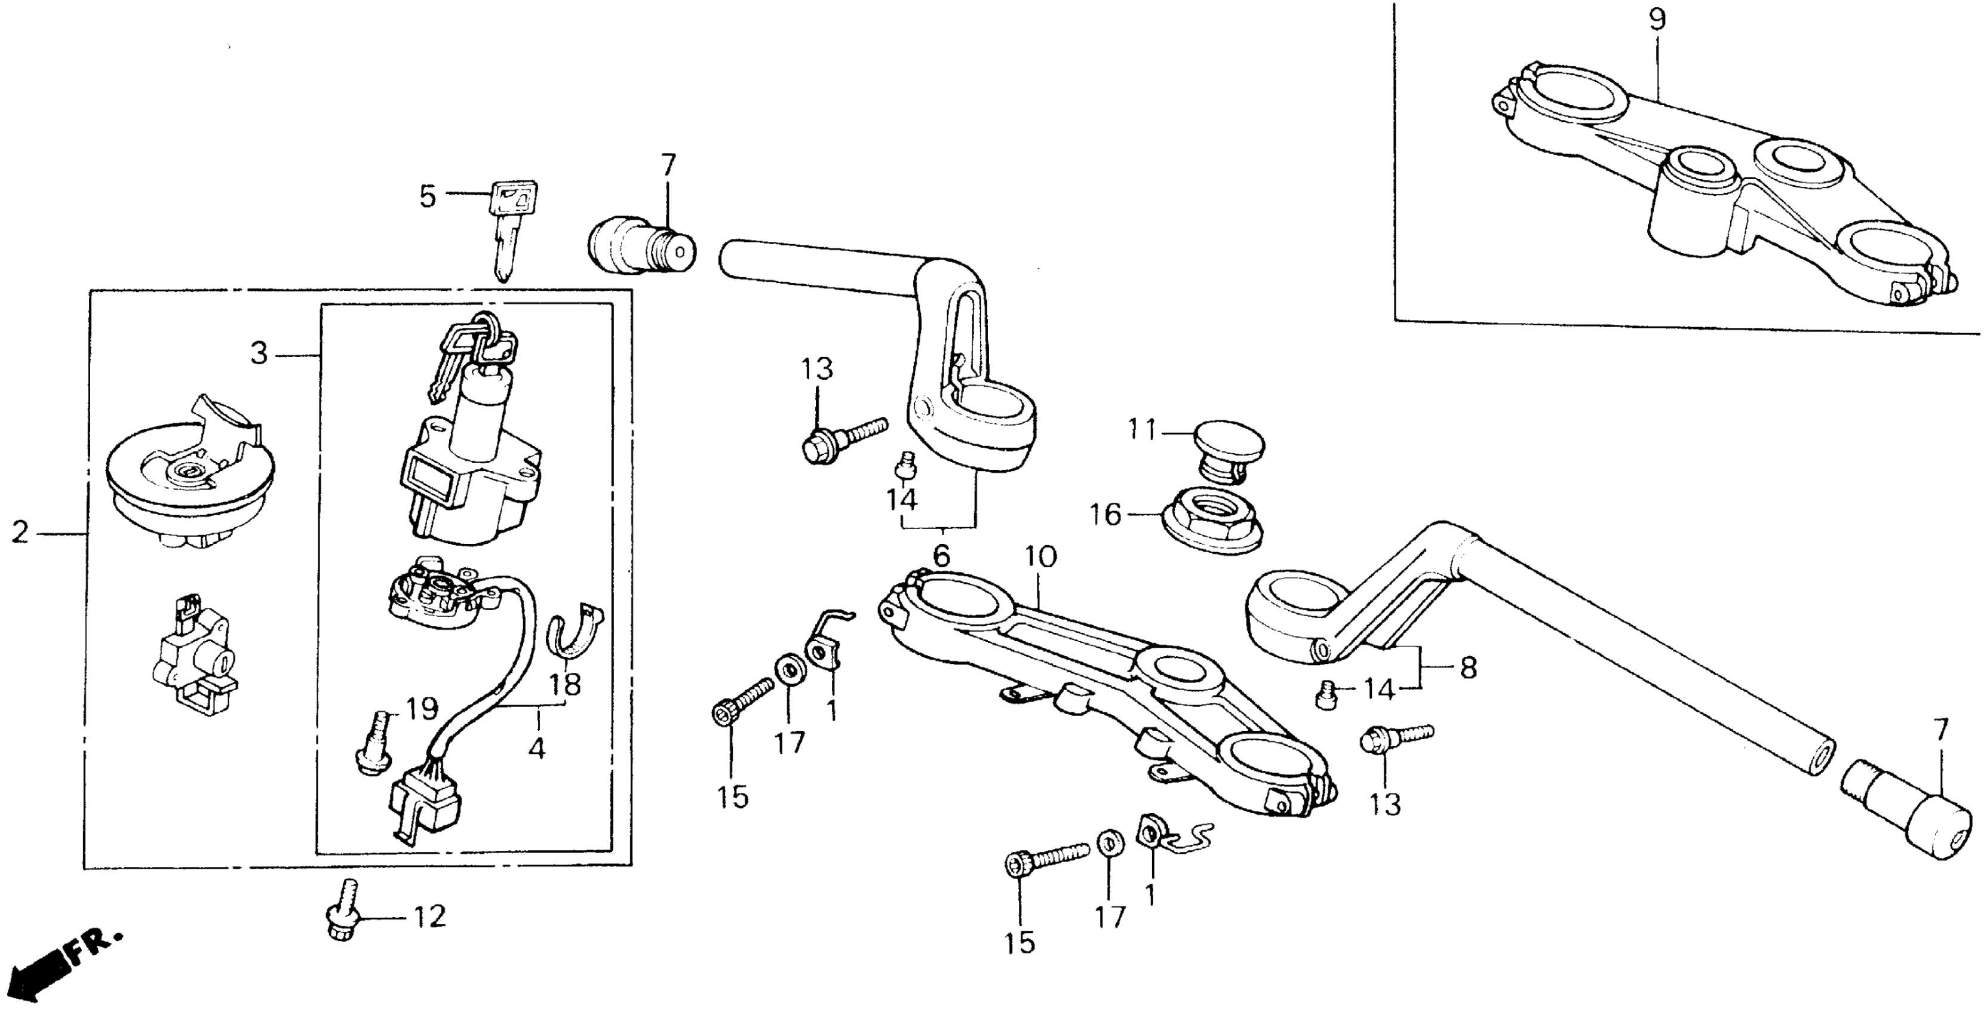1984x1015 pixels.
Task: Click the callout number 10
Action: [1040, 557]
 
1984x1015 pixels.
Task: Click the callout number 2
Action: [20, 531]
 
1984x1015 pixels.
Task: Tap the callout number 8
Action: [1468, 668]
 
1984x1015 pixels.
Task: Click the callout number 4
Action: [537, 747]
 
